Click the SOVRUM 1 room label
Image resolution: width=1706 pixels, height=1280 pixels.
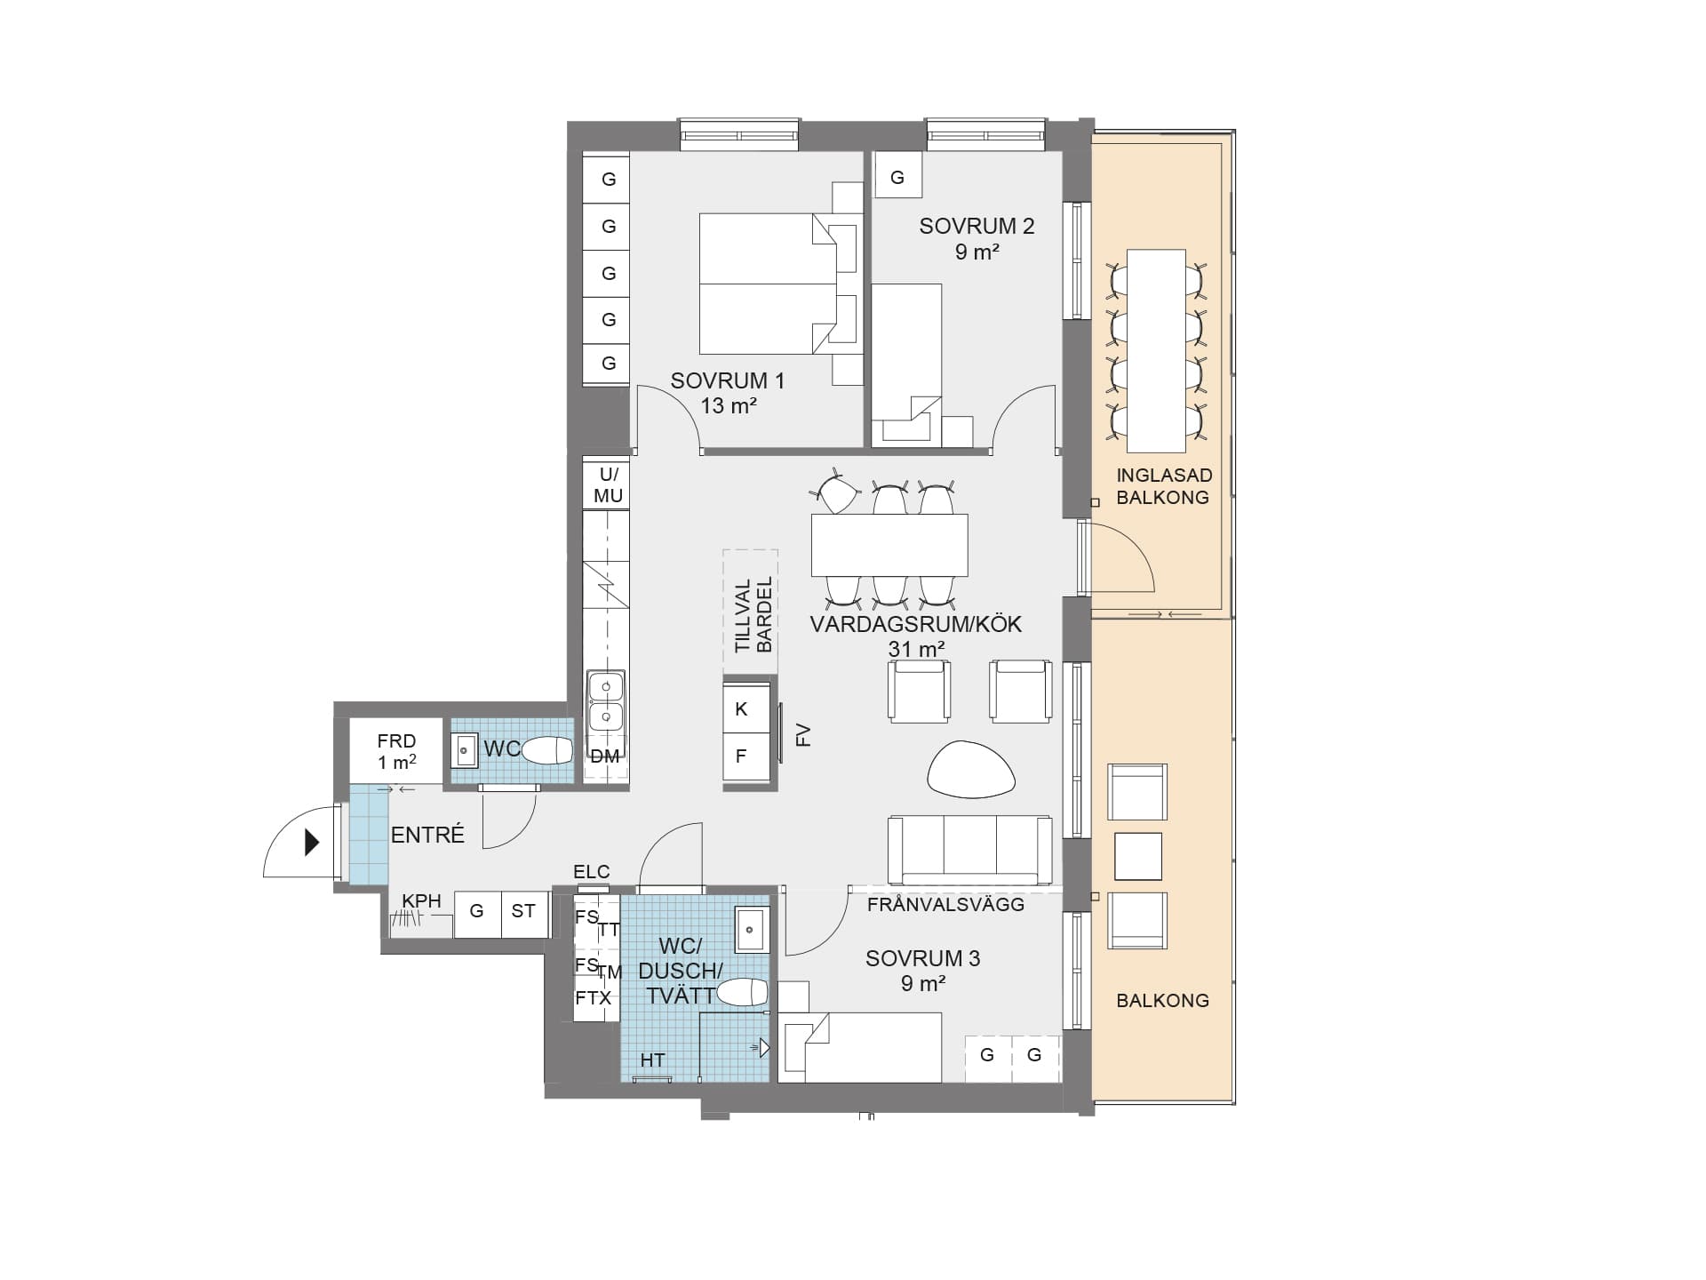[728, 380]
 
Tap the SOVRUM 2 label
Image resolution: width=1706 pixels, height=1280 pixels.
[977, 226]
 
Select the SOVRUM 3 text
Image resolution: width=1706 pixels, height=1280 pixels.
[922, 958]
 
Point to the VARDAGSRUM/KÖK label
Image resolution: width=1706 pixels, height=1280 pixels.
[916, 624]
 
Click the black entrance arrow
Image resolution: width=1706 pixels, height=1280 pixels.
[312, 842]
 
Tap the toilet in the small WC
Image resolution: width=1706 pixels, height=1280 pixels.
[546, 751]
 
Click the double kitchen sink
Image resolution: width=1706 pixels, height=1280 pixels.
[606, 700]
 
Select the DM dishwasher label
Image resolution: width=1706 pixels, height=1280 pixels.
[605, 756]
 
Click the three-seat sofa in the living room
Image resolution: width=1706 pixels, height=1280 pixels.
[970, 851]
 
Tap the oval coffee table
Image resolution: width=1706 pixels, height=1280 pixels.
[971, 768]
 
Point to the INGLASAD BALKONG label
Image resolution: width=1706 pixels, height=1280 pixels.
[1164, 486]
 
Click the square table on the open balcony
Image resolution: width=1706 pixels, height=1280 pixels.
[1137, 856]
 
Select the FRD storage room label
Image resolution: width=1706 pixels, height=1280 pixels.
[396, 751]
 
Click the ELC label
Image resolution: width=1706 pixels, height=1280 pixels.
[592, 871]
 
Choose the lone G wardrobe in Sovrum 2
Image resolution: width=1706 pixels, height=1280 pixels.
[897, 177]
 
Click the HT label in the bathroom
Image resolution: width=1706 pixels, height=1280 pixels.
[652, 1060]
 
